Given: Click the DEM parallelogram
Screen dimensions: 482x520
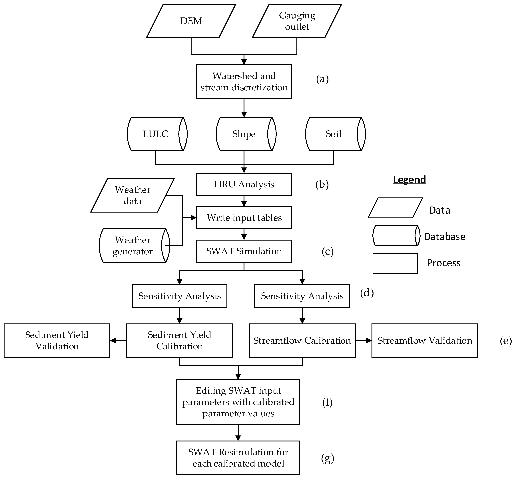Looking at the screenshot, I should [x=191, y=21].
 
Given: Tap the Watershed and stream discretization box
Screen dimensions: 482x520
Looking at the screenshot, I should [x=244, y=82].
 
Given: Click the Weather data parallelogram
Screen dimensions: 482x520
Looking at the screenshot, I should [x=132, y=195].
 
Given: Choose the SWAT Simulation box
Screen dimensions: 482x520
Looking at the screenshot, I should [x=244, y=251].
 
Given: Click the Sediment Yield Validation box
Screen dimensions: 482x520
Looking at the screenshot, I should [x=57, y=341].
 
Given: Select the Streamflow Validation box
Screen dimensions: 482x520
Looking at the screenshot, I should [x=425, y=341].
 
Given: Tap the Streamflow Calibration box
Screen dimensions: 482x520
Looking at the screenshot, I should [x=302, y=341].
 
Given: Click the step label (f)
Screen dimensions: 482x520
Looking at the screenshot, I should [x=327, y=402].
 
